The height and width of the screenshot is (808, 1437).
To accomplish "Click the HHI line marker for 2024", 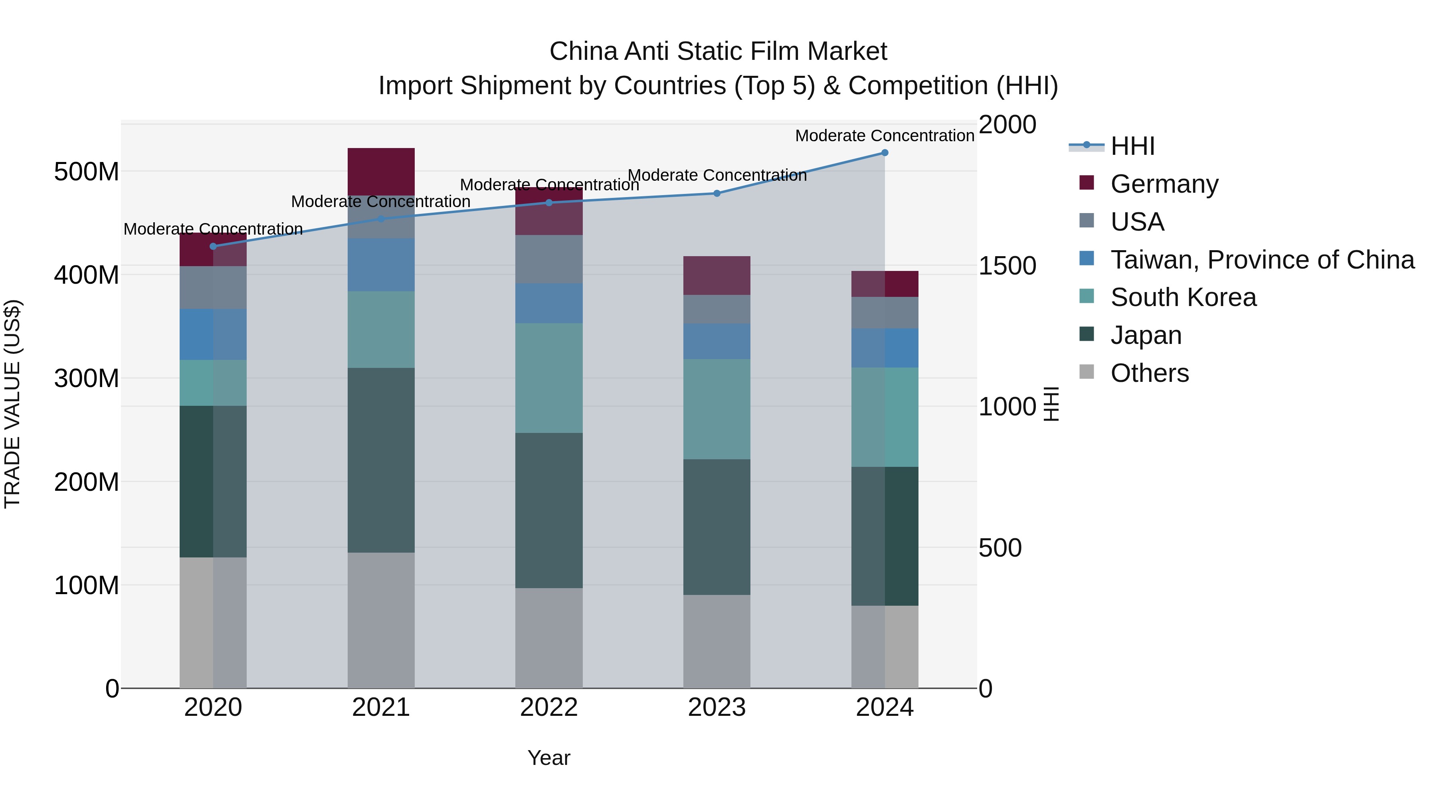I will coord(884,153).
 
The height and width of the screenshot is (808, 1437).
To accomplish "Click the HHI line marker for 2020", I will coord(213,247).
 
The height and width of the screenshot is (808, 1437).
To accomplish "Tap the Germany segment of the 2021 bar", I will coord(381,171).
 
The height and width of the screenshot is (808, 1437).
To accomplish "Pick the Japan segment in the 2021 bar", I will coord(381,460).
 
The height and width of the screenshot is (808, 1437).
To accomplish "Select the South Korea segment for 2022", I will coord(549,378).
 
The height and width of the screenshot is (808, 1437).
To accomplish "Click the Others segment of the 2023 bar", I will coord(717,641).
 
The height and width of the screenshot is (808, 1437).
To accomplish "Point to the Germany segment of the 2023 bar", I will coord(717,275).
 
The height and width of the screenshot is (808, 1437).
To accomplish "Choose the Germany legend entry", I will coord(1164,184).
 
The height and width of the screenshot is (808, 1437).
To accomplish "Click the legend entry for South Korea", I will coord(1183,297).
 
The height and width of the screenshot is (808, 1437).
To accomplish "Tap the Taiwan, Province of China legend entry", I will coord(1262,260).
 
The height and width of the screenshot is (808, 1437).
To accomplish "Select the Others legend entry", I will coord(1149,373).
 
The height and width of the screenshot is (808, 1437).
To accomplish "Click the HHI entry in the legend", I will coord(1132,146).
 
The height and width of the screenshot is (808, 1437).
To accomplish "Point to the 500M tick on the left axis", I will coord(87,172).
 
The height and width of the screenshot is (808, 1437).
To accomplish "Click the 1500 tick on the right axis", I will coord(1007,266).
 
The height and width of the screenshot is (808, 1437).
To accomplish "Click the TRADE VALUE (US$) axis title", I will coord(12,404).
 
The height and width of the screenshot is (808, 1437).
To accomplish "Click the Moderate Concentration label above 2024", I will coord(884,136).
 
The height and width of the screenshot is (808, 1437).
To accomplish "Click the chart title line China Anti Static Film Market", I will coord(718,51).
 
